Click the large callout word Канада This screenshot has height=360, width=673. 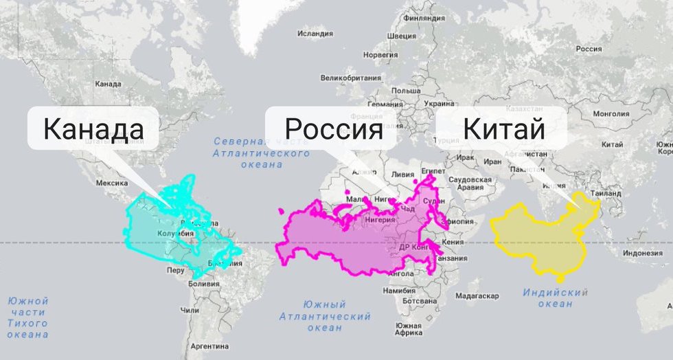93,128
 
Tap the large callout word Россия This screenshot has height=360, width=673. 333,128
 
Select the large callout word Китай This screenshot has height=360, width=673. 503,128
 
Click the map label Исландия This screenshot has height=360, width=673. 315,33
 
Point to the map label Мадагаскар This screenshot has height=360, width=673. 476,296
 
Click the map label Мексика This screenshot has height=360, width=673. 112,183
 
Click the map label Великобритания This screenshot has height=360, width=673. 351,78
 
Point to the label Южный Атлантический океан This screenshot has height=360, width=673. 325,316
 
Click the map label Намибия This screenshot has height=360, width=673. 400,291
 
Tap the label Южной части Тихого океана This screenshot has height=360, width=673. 27,317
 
